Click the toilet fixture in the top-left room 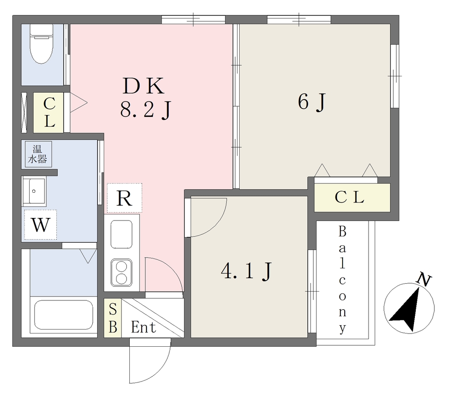(41, 43)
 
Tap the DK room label (143, 86)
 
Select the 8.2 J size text (146, 110)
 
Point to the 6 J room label (312, 102)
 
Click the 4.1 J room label (246, 271)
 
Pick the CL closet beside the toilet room (49, 112)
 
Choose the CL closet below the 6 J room (352, 198)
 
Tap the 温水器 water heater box (38, 154)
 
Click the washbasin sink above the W (34, 191)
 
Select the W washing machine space (40, 225)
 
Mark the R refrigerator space (124, 198)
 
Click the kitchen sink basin (122, 234)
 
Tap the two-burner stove (122, 273)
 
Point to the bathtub (64, 315)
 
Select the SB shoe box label (113, 318)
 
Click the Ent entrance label (143, 327)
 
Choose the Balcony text (342, 280)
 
